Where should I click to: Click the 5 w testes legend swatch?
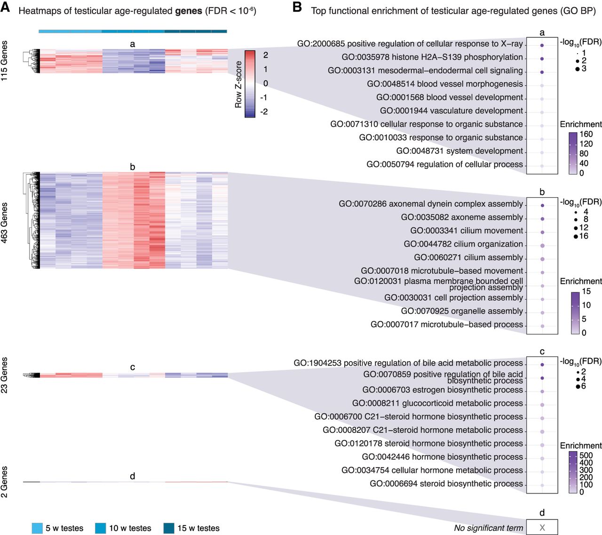pyautogui.click(x=37, y=528)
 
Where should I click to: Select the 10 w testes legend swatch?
pyautogui.click(x=101, y=528)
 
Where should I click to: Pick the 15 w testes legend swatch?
pyautogui.click(x=169, y=528)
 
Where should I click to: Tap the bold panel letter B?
pyautogui.click(x=297, y=8)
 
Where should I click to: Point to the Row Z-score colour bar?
pyautogui.click(x=250, y=83)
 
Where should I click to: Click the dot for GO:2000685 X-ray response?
pyautogui.click(x=542, y=46)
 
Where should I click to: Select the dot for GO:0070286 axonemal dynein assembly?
pyautogui.click(x=542, y=206)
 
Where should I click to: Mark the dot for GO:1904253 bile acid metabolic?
pyautogui.click(x=542, y=365)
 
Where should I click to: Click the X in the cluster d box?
pyautogui.click(x=542, y=527)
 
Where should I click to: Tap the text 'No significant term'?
pyautogui.click(x=488, y=528)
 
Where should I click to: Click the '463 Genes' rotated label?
pyautogui.click(x=5, y=223)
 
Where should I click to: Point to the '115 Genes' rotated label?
pyautogui.click(x=5, y=61)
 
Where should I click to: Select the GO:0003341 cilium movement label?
pyautogui.click(x=466, y=231)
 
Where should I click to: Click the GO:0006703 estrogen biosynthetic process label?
pyautogui.click(x=442, y=390)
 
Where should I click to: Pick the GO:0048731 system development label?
pyautogui.click(x=459, y=151)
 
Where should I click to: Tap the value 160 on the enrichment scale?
pyautogui.click(x=586, y=134)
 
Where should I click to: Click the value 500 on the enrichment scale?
pyautogui.click(x=586, y=455)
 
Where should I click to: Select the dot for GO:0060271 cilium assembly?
pyautogui.click(x=542, y=259)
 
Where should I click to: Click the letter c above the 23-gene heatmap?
pyautogui.click(x=133, y=367)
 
